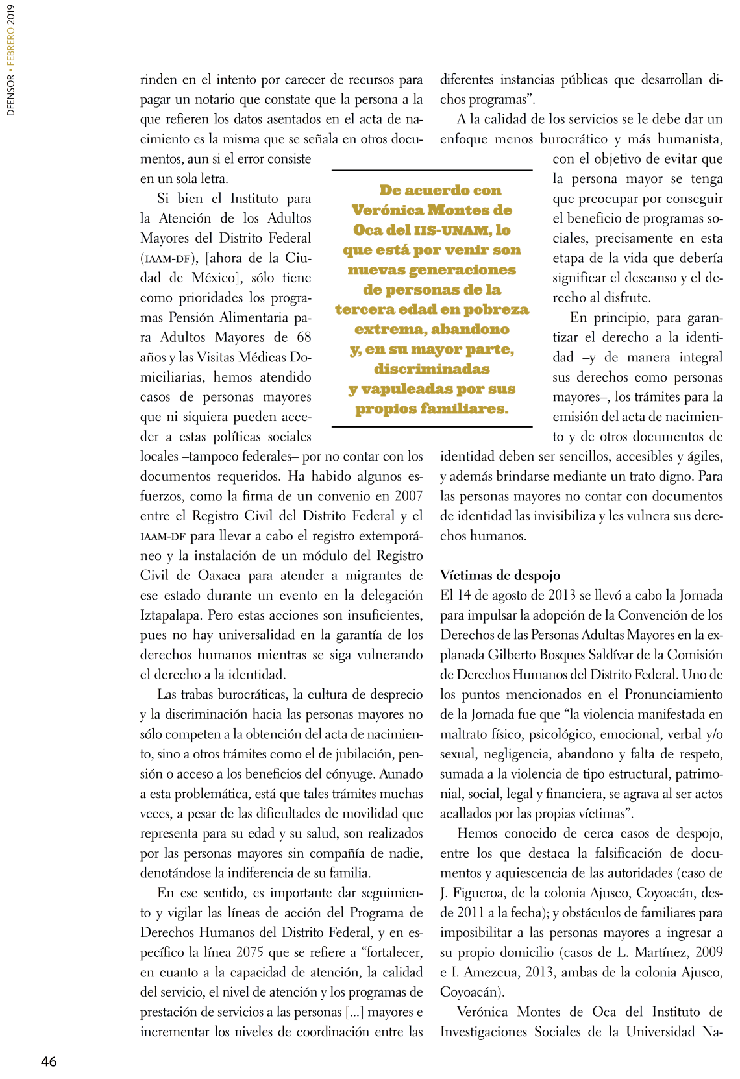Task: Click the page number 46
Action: [x=49, y=1061]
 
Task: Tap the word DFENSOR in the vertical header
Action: [x=11, y=95]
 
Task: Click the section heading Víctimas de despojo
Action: [x=500, y=575]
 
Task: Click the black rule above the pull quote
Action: [x=432, y=171]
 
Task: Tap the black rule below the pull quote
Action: [x=432, y=427]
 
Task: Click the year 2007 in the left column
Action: [x=409, y=496]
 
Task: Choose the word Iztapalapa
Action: [x=171, y=615]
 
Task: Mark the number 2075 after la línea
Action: [x=250, y=952]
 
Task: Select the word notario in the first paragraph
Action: [x=213, y=100]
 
